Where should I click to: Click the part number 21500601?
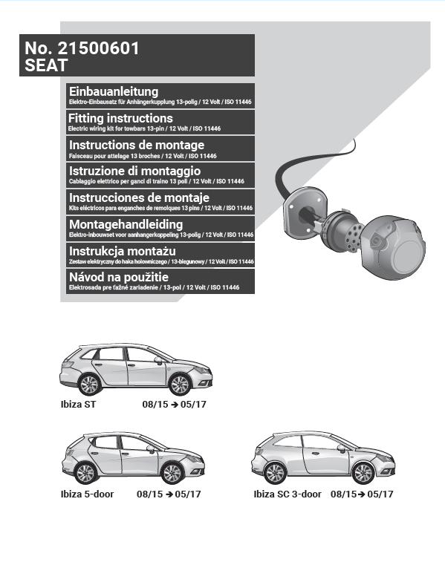click(x=98, y=48)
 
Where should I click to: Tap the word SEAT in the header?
click(x=46, y=65)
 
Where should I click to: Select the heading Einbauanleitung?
click(x=114, y=91)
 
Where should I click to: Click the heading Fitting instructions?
click(x=120, y=118)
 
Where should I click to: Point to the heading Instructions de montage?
click(x=137, y=145)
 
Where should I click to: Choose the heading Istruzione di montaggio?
click(x=134, y=171)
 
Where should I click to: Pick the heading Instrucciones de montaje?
click(x=139, y=197)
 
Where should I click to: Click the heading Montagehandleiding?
click(x=126, y=224)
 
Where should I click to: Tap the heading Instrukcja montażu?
click(x=123, y=251)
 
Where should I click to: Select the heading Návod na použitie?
click(x=119, y=277)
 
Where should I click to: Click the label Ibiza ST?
click(x=78, y=404)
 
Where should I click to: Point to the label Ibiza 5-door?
click(x=87, y=494)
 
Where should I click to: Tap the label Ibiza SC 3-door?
click(x=288, y=494)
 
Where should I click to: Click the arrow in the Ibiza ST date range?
click(x=175, y=405)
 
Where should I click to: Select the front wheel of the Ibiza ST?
click(x=179, y=385)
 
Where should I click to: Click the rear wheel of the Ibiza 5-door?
click(x=85, y=474)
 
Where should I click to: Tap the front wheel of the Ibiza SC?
click(x=363, y=473)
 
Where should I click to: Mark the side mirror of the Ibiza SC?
click(x=341, y=448)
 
